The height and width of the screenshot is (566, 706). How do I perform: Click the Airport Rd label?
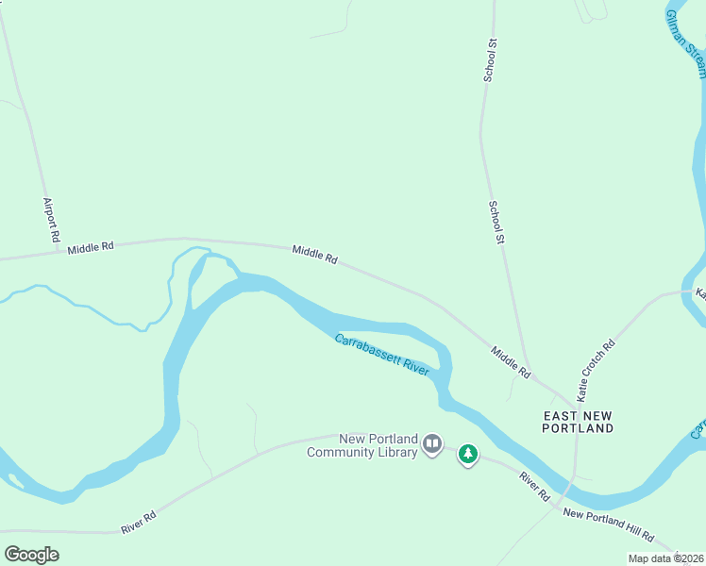[53, 219]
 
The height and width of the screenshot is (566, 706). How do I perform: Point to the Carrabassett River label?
[382, 354]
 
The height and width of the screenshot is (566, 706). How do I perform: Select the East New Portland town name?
[578, 422]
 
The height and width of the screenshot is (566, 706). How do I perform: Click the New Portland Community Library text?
[362, 445]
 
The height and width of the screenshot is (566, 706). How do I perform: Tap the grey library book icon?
[432, 443]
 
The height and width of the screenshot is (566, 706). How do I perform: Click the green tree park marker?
[467, 455]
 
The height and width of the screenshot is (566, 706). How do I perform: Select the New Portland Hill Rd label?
[608, 525]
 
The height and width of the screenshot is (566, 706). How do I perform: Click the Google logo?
[31, 555]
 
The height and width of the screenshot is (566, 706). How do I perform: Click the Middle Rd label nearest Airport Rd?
[91, 247]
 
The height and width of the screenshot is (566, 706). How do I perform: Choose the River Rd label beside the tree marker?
[533, 487]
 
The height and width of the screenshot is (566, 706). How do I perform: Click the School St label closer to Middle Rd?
[496, 223]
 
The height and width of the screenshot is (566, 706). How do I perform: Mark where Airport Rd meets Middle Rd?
[53, 253]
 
